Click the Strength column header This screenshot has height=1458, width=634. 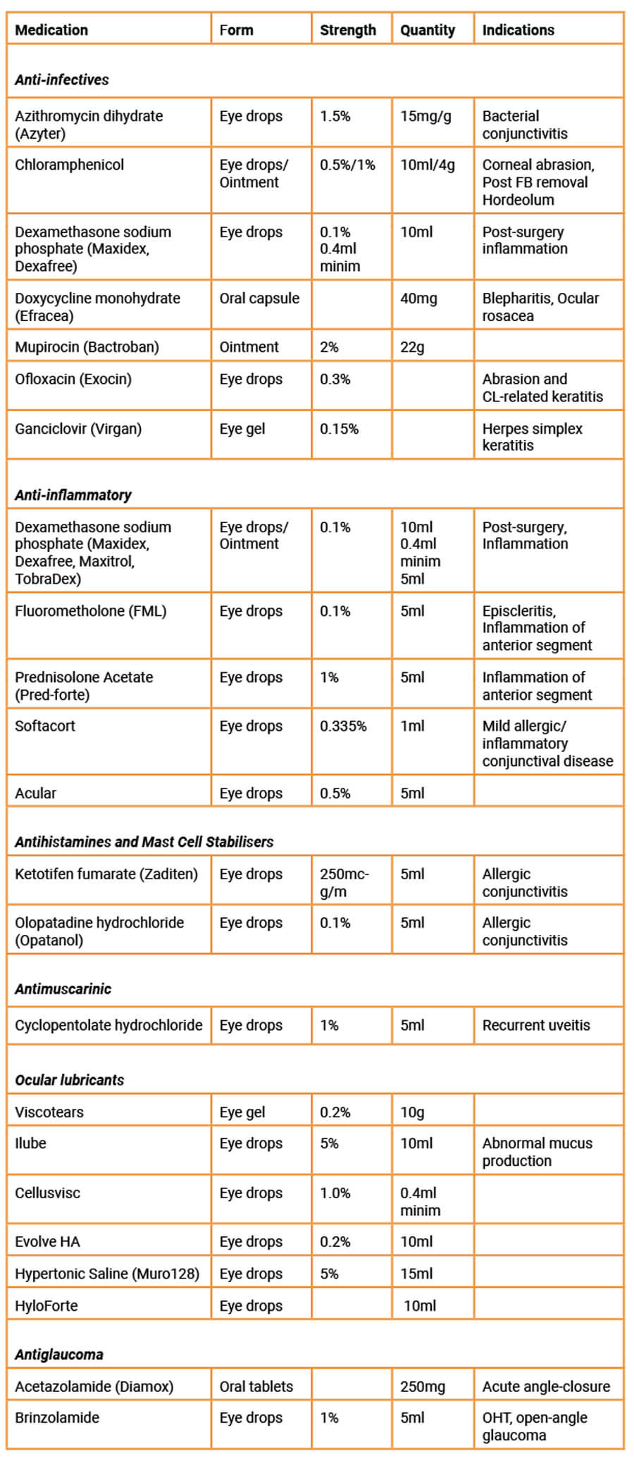(348, 30)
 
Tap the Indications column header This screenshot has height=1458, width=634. (518, 30)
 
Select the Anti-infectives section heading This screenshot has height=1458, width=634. (62, 80)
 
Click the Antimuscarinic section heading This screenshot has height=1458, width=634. (63, 989)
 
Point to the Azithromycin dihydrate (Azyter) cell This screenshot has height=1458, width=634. (89, 125)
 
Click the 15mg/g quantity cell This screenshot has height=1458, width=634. (425, 116)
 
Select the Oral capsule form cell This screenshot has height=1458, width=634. (259, 298)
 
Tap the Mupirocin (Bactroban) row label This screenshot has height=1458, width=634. (87, 347)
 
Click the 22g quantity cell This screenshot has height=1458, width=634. (412, 347)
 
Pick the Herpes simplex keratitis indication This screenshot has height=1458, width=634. (532, 436)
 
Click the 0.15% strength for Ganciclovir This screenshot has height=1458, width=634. (339, 429)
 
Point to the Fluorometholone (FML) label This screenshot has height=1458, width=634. (91, 611)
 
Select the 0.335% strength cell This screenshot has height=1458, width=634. (343, 727)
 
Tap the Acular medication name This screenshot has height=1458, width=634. (36, 793)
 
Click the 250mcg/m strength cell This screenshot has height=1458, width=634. (344, 883)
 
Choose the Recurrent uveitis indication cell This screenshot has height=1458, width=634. (536, 1026)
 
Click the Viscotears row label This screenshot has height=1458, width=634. (49, 1112)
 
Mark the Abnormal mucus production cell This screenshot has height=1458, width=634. (537, 1152)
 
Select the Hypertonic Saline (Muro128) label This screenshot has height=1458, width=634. (107, 1274)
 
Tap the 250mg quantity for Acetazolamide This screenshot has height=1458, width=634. (423, 1387)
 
